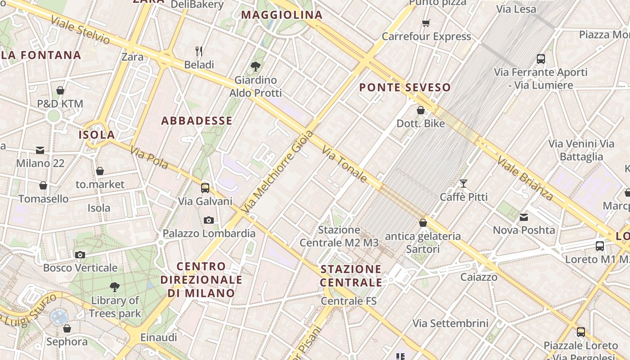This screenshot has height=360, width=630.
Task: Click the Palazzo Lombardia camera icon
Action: coord(208,220)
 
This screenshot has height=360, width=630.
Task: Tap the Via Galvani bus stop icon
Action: coord(205,188)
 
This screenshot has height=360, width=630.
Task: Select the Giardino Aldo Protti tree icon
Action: coord(256,67)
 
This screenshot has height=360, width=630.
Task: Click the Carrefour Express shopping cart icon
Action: coord(426,23)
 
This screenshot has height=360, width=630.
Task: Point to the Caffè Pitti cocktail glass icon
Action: coord(463,183)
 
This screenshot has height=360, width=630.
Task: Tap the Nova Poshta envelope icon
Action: coord(524,217)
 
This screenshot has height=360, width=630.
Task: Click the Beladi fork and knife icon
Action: coord(199,51)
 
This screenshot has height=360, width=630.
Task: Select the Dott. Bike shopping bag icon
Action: coord(421,110)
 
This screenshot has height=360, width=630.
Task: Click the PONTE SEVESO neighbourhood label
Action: coord(405,87)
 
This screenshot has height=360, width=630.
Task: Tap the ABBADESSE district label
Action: coord(197,121)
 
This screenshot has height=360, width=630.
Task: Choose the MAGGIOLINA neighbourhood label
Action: coord(282,15)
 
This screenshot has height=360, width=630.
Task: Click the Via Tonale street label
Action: coord(345,164)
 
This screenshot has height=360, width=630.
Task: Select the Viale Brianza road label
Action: coord(525,178)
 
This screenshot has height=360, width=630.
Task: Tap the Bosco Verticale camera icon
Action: coord(80,255)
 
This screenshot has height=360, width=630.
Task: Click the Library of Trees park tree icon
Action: coord(115,287)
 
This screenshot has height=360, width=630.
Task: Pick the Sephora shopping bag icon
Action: coord(67,328)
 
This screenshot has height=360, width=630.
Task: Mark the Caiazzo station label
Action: coord(479,277)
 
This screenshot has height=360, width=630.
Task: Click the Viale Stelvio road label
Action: coord(81,30)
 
